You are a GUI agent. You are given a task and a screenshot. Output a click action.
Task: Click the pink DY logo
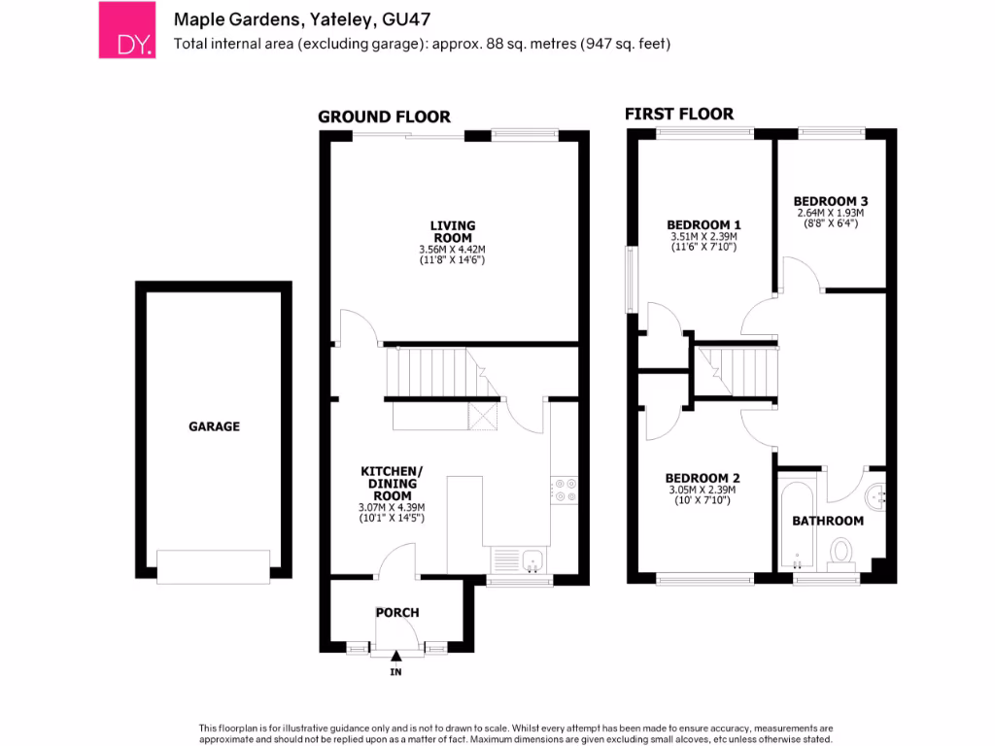[126, 30]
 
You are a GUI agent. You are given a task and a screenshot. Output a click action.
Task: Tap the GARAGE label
[214, 426]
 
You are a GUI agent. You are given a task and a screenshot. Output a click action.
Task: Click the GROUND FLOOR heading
[385, 118]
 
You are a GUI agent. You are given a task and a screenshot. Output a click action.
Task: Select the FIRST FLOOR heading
[678, 115]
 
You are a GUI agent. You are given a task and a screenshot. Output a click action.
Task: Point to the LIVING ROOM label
[453, 231]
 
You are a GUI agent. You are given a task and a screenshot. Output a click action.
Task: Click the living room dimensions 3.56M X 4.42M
[453, 250]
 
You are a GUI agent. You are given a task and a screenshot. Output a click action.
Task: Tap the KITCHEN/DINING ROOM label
[393, 483]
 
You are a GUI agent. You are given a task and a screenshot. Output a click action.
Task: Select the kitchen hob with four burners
[565, 490]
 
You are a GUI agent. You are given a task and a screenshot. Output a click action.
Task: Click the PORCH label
[397, 613]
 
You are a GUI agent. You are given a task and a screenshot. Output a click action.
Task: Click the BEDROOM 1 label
[703, 224]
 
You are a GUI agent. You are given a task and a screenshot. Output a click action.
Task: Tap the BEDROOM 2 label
[703, 478]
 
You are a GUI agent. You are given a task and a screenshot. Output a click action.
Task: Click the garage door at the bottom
[214, 567]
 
